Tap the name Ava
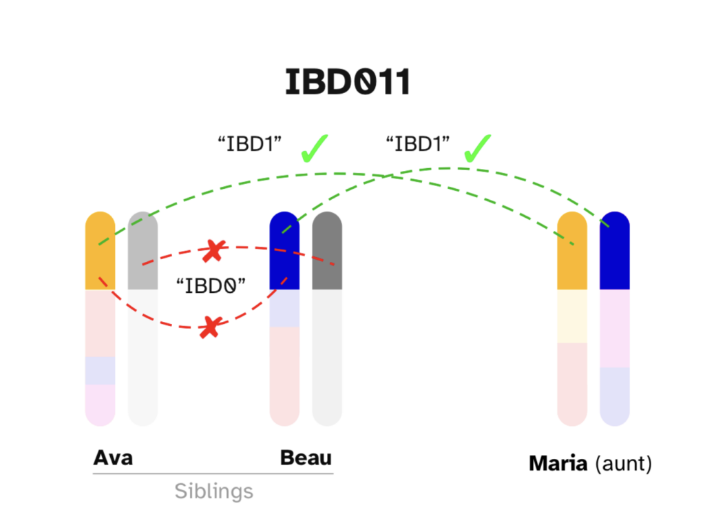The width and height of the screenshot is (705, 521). pos(113,458)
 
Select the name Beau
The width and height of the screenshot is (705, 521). pos(306,458)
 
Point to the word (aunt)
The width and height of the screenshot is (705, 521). pos(623,463)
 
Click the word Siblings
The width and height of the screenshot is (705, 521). pos(213,491)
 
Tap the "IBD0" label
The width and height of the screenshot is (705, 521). pos(211,285)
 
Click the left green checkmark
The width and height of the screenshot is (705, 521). pos(314,148)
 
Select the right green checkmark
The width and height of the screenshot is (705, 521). pos(477,148)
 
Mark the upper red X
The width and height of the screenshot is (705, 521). pos(214,251)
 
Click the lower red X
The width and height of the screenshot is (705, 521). pos(210,327)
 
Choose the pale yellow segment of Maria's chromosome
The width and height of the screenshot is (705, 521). pos(571,316)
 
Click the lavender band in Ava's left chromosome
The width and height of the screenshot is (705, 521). pos(100,370)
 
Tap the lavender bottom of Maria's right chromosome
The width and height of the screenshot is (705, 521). pos(615,396)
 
